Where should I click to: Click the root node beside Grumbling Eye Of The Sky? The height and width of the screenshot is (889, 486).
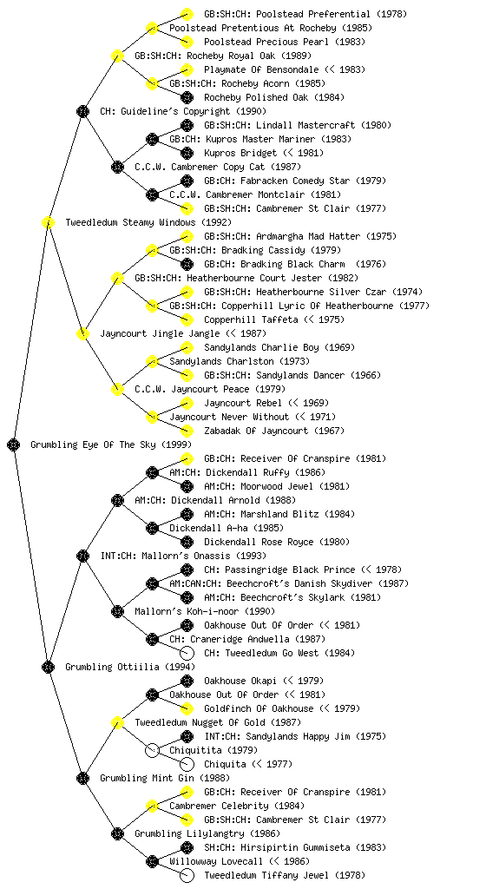point(14,444)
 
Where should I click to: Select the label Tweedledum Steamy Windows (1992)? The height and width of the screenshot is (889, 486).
point(148,222)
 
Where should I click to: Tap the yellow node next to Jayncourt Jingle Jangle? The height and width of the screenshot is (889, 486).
point(82,333)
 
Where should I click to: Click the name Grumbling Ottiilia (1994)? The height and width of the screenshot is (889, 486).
point(130,667)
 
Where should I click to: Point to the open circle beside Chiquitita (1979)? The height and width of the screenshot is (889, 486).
point(152,750)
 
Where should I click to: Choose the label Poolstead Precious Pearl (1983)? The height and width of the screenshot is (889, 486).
point(285,42)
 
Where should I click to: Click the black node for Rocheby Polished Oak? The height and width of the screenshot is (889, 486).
point(187,97)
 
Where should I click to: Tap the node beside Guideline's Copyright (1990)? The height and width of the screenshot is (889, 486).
point(82,111)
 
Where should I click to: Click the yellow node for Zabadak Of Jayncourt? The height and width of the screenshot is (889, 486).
point(187,431)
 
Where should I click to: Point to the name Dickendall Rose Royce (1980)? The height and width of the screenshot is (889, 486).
point(277,542)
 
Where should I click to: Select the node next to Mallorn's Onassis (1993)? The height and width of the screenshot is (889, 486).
point(82,556)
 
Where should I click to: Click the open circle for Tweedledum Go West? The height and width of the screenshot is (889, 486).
point(187,653)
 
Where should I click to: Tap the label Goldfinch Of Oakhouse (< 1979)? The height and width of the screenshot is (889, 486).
point(282,708)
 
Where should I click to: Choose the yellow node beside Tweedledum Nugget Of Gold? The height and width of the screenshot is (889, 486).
point(117,722)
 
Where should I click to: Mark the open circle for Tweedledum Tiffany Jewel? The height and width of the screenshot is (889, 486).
point(187,875)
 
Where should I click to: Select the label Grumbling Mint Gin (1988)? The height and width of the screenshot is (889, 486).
point(165,778)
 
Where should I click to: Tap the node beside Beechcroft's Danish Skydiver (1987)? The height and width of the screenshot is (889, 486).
point(152,583)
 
